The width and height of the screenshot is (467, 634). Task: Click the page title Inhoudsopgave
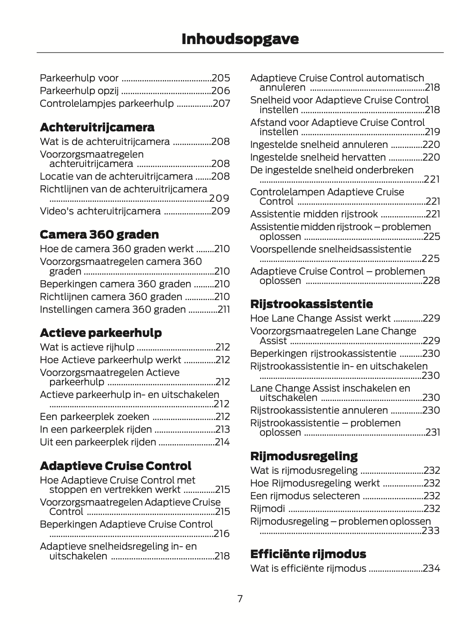point(240,39)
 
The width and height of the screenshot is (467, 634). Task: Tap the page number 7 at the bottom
point(240,599)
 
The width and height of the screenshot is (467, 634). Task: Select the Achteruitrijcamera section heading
point(97,127)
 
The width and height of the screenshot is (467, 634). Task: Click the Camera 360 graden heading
point(99,234)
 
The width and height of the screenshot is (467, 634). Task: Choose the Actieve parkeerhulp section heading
point(101,333)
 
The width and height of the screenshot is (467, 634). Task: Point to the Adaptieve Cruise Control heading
point(115,466)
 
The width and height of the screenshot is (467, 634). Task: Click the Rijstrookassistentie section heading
point(311,304)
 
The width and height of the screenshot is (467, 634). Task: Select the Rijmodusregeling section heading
point(304,456)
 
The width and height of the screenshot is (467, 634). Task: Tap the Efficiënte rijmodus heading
point(308,554)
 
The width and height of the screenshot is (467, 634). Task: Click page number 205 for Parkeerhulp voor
point(221,78)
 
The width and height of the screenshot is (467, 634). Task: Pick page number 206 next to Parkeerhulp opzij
point(221,91)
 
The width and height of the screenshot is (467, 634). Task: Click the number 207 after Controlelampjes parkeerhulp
point(221,103)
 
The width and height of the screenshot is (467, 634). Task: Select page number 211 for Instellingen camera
point(224,309)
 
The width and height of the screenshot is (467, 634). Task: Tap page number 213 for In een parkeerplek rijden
point(222,429)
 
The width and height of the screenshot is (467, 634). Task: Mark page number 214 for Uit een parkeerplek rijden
point(222,442)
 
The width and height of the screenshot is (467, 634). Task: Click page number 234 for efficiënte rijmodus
point(431,568)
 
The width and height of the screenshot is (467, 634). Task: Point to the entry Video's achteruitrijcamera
point(100,211)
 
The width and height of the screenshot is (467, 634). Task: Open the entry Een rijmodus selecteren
point(305,496)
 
